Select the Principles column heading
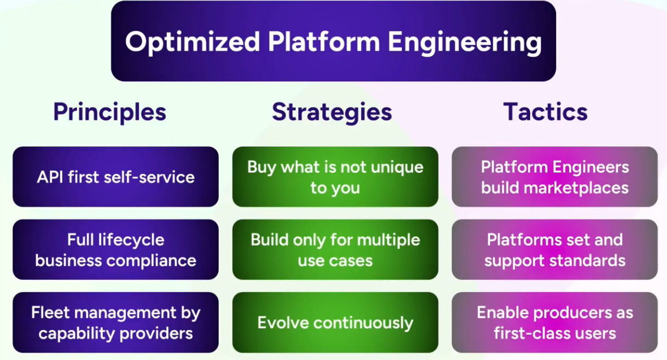[110, 112]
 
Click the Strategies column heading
[332, 112]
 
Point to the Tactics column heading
[545, 112]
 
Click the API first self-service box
[115, 177]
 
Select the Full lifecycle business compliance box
[115, 250]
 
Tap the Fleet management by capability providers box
[115, 323]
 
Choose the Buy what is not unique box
[335, 177]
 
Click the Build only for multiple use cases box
[335, 250]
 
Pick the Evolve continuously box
[335, 323]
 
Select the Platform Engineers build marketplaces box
[555, 177]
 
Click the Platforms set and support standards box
[555, 250]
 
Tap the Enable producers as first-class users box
[555, 323]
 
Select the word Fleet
[51, 313]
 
